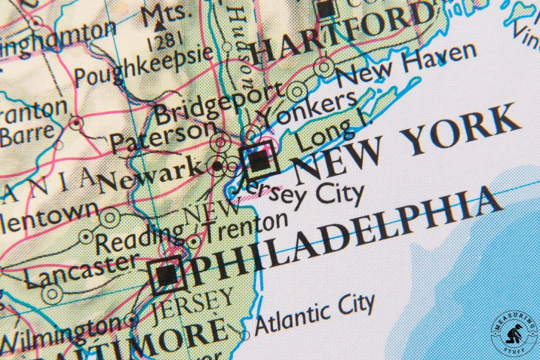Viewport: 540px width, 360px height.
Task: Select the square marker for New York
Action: pyautogui.click(x=259, y=159)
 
